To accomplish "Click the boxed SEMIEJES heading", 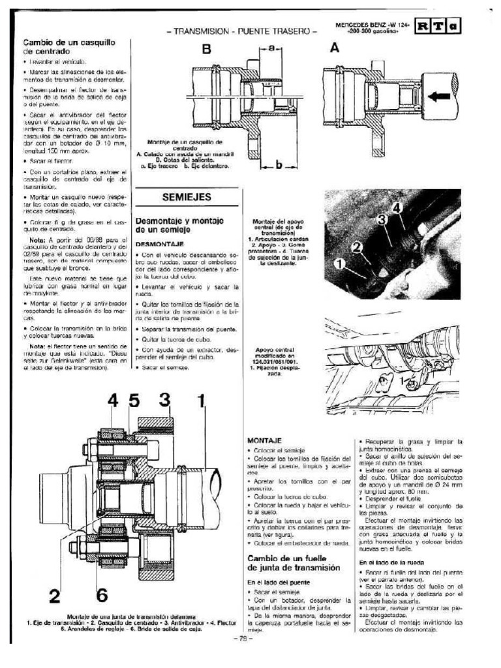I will (x=187, y=198).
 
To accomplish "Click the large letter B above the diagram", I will (x=207, y=50).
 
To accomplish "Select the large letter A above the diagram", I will (x=334, y=48).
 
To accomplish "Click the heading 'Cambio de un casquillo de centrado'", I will (x=56, y=46).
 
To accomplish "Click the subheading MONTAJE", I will (x=263, y=441).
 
